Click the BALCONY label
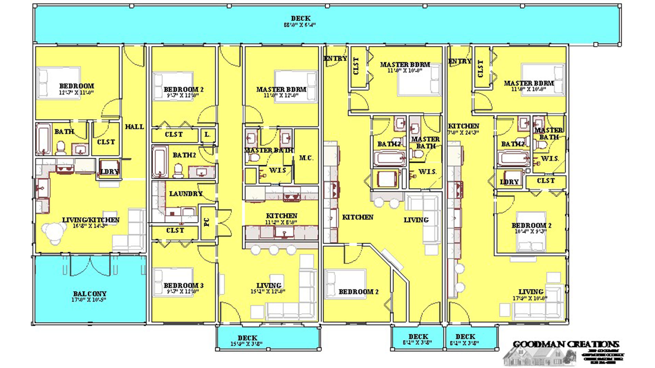(90, 293)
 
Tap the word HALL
(134, 127)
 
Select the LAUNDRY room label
(186, 194)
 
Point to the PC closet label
(207, 222)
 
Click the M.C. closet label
(306, 158)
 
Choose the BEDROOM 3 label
(184, 286)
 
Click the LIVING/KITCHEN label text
(91, 220)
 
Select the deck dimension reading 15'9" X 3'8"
(246, 344)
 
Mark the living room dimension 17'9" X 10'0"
(530, 298)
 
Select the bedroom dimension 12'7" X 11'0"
(76, 92)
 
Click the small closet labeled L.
(207, 135)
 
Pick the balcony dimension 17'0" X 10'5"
(89, 300)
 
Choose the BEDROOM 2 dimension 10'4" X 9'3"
(531, 231)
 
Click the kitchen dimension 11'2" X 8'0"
(281, 222)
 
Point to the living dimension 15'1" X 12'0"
(268, 292)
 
